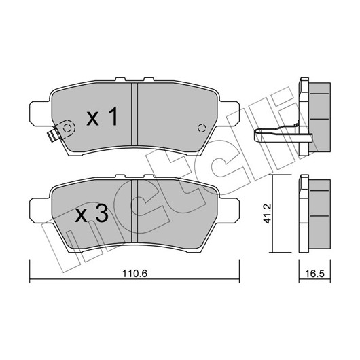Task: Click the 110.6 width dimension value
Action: (134, 274)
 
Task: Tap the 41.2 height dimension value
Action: (267, 213)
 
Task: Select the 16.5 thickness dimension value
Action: (314, 274)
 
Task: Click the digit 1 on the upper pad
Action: (113, 116)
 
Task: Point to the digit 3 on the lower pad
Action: (102, 213)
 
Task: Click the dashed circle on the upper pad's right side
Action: (201, 128)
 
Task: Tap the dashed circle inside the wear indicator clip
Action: (67, 128)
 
